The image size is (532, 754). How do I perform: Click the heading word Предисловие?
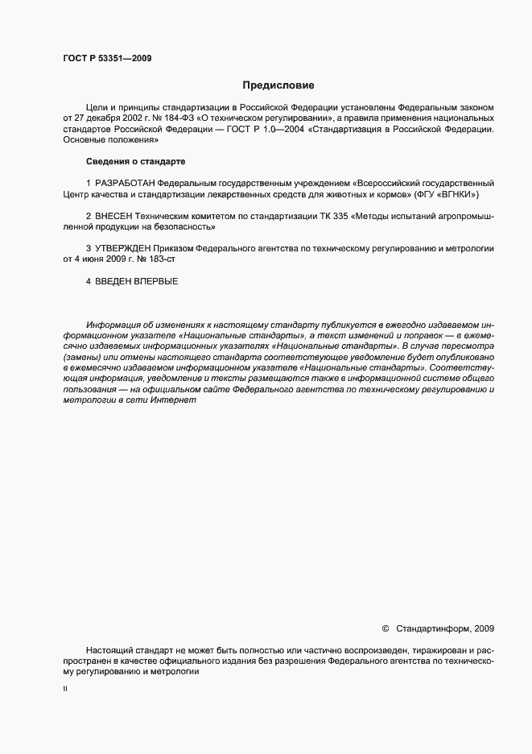(x=278, y=85)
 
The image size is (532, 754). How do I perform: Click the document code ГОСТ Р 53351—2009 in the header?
(x=107, y=57)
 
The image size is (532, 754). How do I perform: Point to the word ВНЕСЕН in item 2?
(x=115, y=217)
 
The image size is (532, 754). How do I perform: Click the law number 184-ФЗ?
(x=164, y=118)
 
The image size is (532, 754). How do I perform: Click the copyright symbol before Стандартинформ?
(x=384, y=627)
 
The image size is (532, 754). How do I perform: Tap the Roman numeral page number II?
(x=65, y=690)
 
